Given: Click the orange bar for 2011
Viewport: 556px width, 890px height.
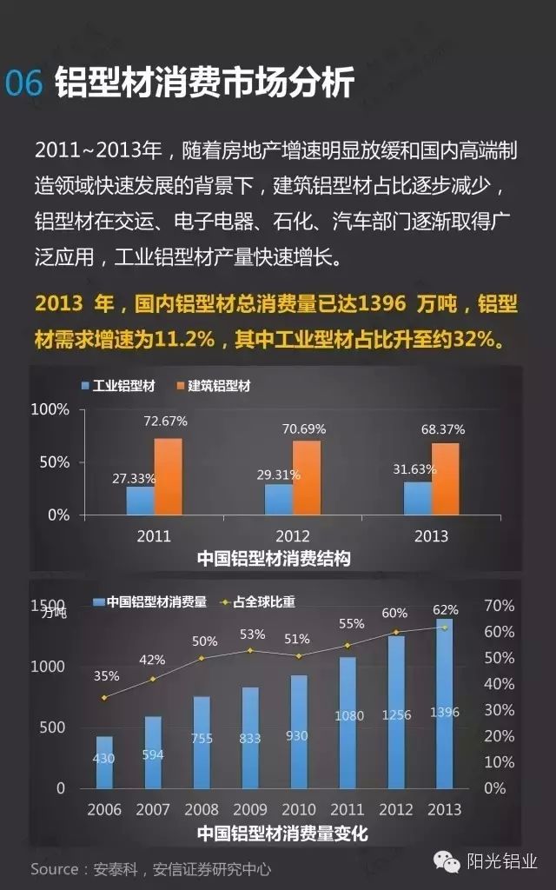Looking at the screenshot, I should pos(169,476).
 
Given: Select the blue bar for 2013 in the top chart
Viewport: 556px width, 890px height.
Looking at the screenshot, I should pos(418,498).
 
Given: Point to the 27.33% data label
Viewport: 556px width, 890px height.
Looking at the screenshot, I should pos(133,477).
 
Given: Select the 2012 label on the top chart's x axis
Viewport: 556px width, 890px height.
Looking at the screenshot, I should pos(292,535).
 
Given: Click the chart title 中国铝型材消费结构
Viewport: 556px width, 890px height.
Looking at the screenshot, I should pos(274,558).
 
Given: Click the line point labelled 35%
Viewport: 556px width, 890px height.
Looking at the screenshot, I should pos(104,697).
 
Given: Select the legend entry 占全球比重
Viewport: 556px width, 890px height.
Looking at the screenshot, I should pos(258,601).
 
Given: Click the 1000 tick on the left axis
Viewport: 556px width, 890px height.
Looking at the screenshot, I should pos(49,667).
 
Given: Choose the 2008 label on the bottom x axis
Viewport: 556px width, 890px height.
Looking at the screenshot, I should pos(202,809).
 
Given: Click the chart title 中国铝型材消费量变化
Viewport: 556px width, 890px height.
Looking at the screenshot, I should pos(282,834).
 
